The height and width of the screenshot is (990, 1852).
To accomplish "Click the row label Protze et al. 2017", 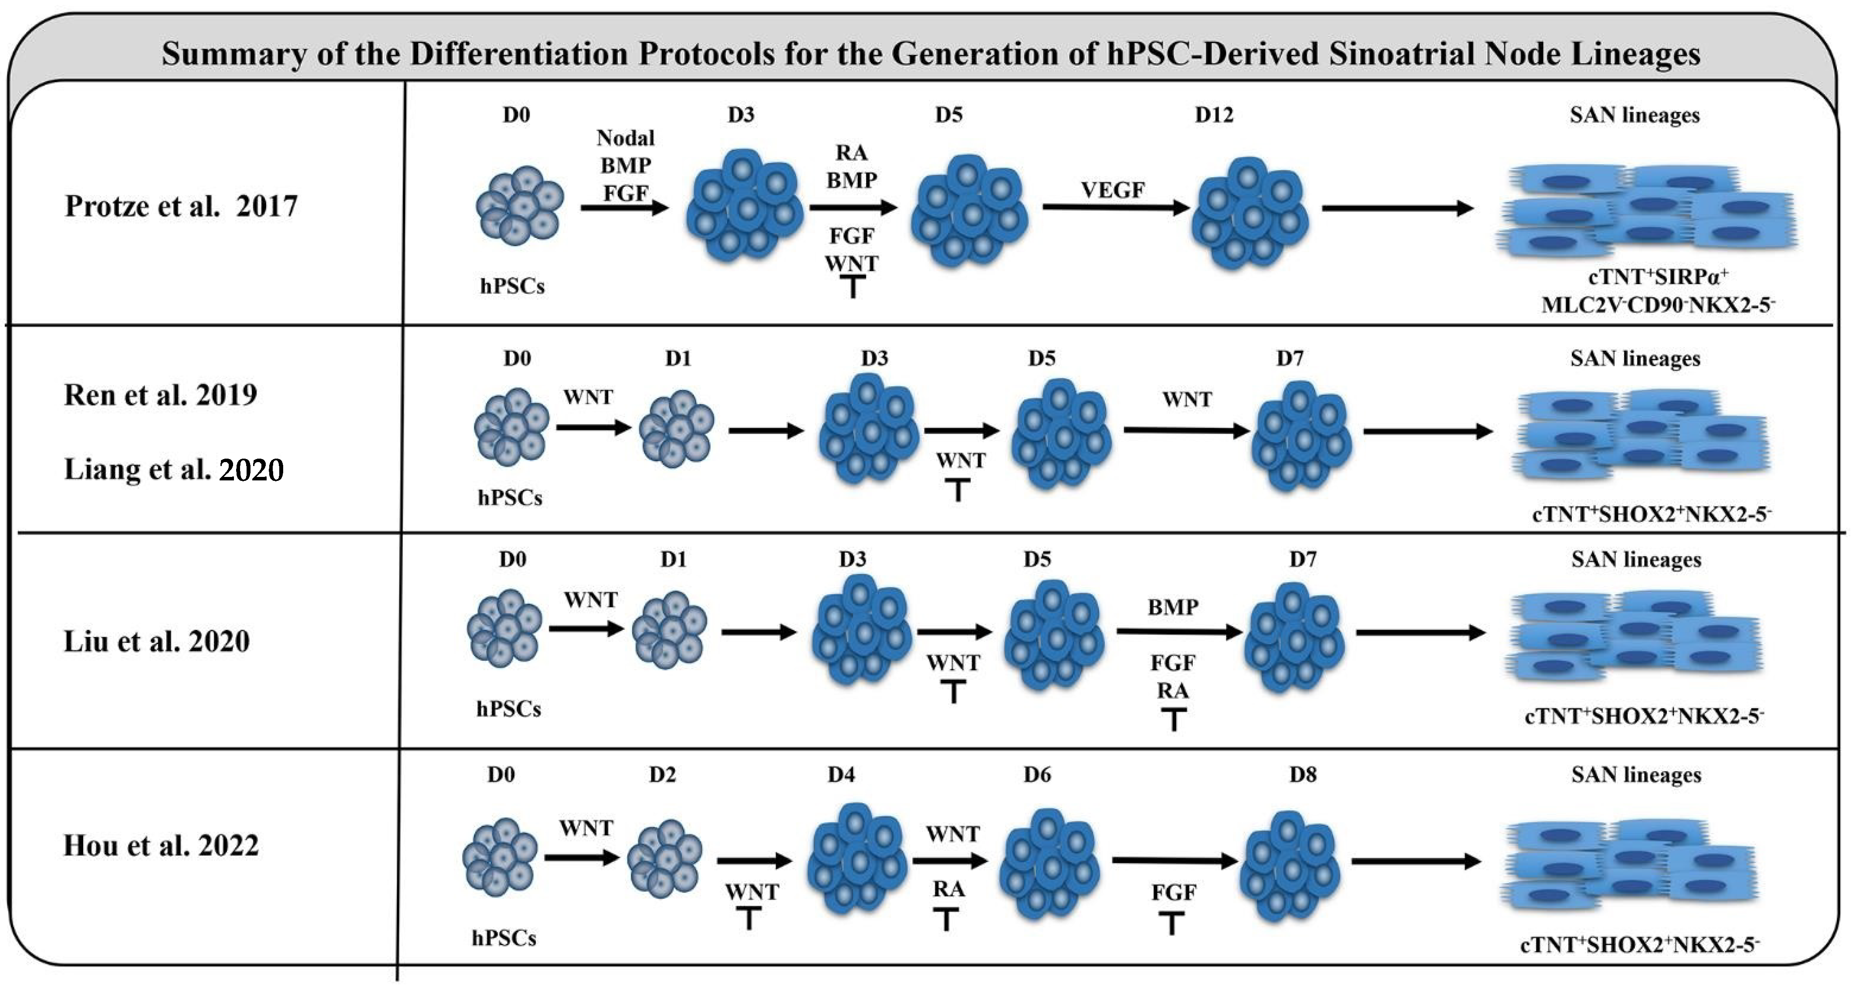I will click(x=181, y=206).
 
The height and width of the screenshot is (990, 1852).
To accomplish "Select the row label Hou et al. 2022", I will click(x=161, y=845).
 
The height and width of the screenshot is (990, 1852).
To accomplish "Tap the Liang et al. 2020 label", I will click(x=174, y=470).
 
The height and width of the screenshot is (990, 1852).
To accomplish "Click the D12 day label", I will click(x=1214, y=115).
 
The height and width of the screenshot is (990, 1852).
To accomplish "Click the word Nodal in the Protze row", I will click(x=626, y=138).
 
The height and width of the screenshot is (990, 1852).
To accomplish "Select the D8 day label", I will click(x=1303, y=774).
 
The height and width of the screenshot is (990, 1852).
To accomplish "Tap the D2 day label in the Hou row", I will click(x=662, y=774).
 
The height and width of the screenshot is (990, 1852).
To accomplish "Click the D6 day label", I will click(x=1037, y=774).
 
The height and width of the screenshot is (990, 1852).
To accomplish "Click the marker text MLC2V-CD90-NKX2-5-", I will click(x=1658, y=305).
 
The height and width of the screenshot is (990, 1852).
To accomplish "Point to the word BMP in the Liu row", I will click(x=1173, y=608).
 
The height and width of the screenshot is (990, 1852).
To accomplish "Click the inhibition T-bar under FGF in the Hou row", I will click(x=1172, y=923).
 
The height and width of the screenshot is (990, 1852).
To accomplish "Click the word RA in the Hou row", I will click(x=948, y=889).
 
